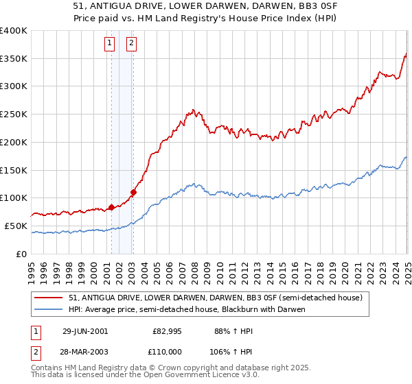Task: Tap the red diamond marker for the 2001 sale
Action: click(x=111, y=207)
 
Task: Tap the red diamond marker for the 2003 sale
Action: click(x=133, y=192)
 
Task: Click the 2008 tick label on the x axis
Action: click(x=194, y=267)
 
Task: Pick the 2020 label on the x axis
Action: click(x=345, y=267)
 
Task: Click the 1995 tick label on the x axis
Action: click(x=32, y=267)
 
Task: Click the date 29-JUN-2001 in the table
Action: click(x=85, y=331)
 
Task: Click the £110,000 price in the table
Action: click(x=167, y=351)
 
